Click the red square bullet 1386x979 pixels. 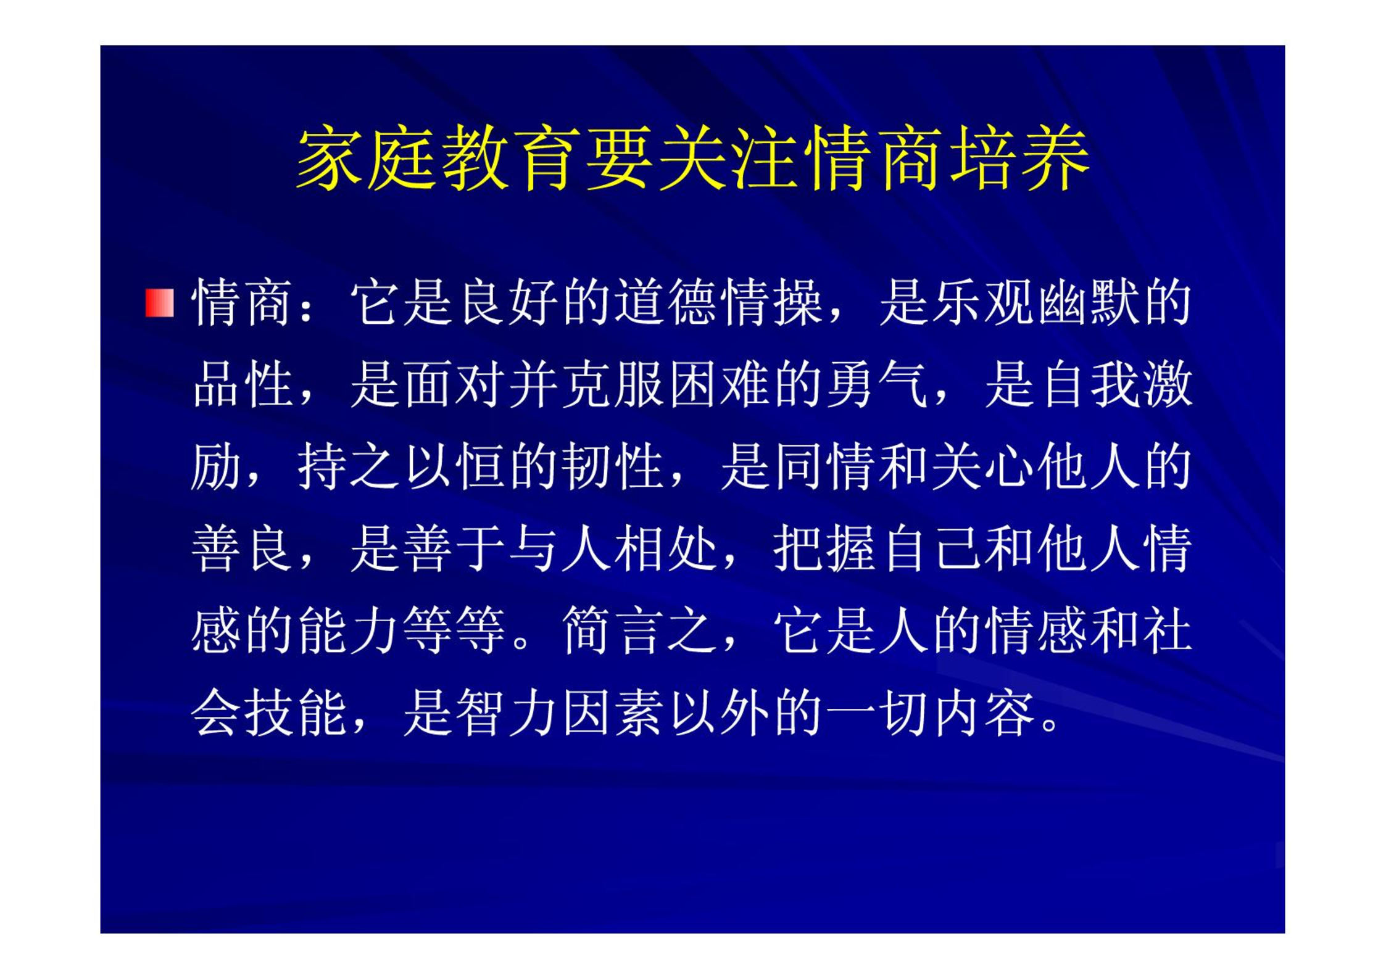[159, 303]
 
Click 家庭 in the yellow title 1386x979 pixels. [367, 159]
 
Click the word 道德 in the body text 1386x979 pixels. [669, 302]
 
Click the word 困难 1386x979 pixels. [721, 384]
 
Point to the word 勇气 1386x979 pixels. [879, 384]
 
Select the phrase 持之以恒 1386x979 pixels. [404, 466]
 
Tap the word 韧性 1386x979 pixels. [615, 466]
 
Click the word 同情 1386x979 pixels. [826, 466]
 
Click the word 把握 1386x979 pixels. [826, 548]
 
